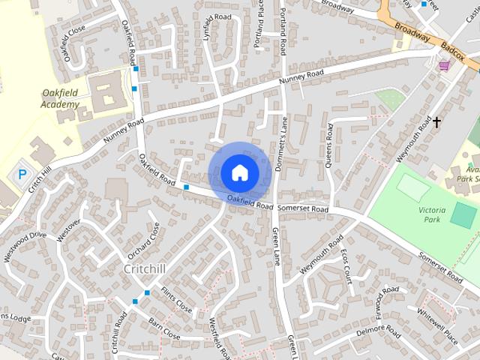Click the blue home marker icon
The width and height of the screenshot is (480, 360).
pos(239,172)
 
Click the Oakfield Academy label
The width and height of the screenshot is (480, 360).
pos(59,98)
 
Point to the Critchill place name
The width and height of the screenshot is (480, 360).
pos(145,268)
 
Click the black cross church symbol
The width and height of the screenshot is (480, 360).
pos(436,121)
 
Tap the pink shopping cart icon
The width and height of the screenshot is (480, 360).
pos(444,66)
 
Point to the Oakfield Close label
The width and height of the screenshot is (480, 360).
pos(75,44)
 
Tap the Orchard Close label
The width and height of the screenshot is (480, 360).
pos(144,239)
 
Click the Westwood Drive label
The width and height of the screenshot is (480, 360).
pos(24,246)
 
